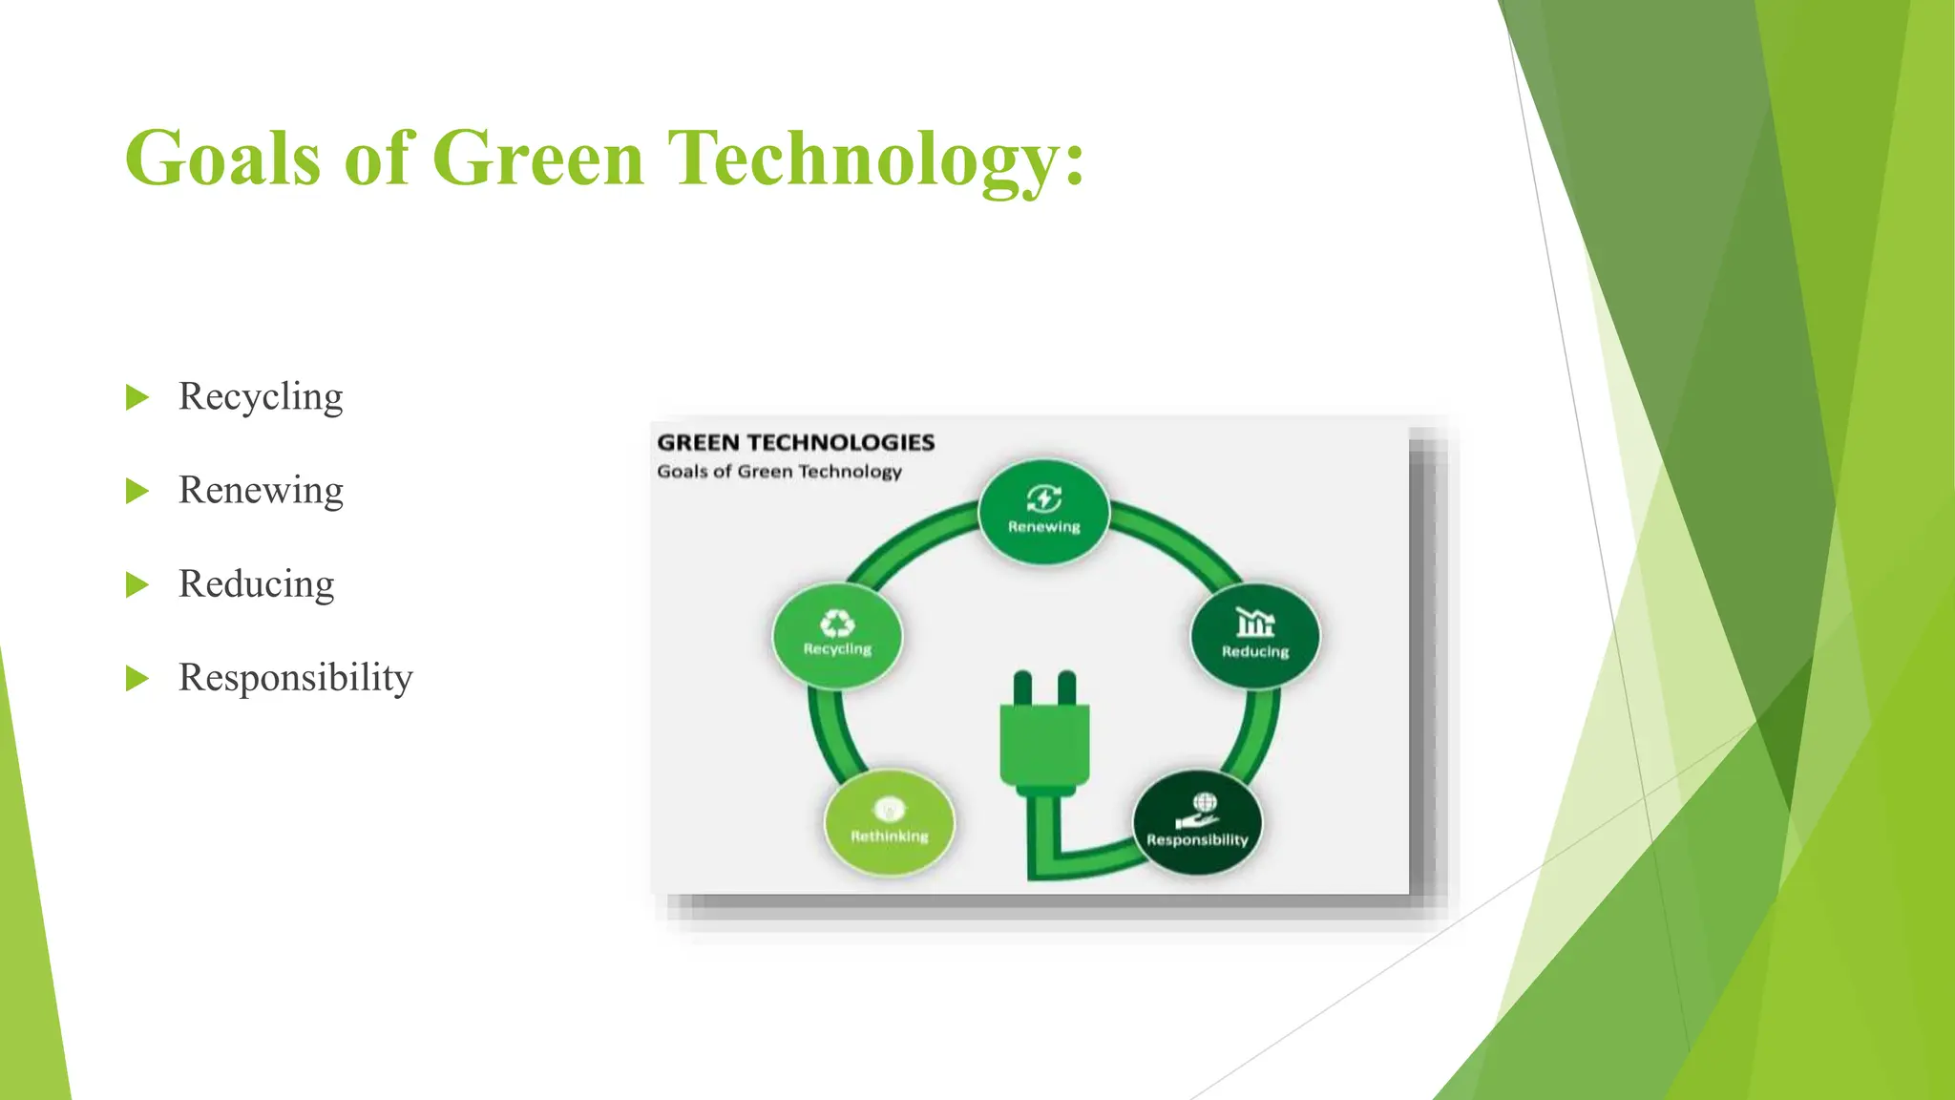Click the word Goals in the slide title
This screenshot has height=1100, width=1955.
[222, 159]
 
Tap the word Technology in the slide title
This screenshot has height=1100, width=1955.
[875, 159]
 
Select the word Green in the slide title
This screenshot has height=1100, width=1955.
[537, 159]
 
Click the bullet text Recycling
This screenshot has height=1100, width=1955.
[260, 396]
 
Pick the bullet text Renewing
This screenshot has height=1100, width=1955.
[260, 490]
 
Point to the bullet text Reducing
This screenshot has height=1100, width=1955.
[256, 583]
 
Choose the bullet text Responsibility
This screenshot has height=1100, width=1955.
[295, 677]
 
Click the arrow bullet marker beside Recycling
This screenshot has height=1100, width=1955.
[137, 397]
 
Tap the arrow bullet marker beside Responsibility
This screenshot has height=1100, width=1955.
[137, 679]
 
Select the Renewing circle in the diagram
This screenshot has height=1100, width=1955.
[1043, 513]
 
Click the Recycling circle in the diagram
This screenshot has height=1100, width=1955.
[837, 635]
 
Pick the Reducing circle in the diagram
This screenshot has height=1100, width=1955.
[1254, 636]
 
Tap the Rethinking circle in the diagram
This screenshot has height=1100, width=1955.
[889, 823]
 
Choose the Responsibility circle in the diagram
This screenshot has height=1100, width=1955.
[1197, 823]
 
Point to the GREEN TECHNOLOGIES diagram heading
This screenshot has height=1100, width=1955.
[795, 443]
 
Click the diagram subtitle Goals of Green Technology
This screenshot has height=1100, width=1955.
[779, 472]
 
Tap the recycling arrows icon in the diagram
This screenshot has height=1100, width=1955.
[837, 624]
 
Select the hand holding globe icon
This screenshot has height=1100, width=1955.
[1199, 812]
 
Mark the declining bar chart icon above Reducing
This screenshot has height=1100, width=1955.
[1254, 623]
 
